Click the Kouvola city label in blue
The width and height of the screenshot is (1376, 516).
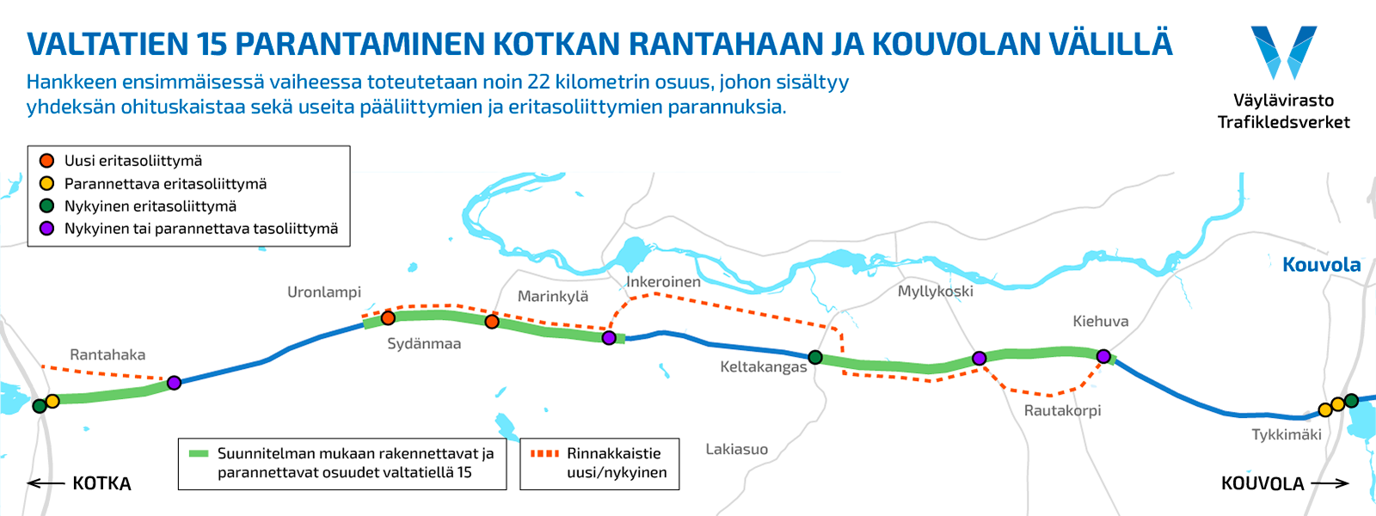click(1321, 265)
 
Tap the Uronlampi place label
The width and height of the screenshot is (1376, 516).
click(324, 292)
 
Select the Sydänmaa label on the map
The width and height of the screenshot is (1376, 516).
click(424, 344)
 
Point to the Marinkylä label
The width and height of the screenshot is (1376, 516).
click(553, 297)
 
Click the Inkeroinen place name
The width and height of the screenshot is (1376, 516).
click(663, 282)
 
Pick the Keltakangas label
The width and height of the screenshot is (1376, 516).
click(764, 367)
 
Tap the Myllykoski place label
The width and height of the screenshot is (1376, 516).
click(936, 292)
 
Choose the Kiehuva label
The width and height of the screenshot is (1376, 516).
click(1100, 322)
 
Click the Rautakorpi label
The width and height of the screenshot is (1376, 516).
click(1062, 411)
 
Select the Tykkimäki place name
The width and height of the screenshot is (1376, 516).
click(1287, 435)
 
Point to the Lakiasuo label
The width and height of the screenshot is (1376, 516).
click(737, 450)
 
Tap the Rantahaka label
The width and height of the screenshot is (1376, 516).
click(107, 355)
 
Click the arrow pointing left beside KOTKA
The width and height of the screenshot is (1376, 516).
click(45, 483)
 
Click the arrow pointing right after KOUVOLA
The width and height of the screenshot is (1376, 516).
click(1330, 483)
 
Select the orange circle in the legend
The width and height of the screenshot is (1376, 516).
click(47, 161)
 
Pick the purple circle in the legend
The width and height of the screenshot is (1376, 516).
click(47, 229)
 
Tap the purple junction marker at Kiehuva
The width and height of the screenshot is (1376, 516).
click(1103, 356)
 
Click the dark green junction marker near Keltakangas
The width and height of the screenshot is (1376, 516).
click(815, 357)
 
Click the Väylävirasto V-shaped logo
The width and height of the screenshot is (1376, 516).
click(1283, 52)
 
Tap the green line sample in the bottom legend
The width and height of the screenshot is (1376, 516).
click(199, 453)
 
